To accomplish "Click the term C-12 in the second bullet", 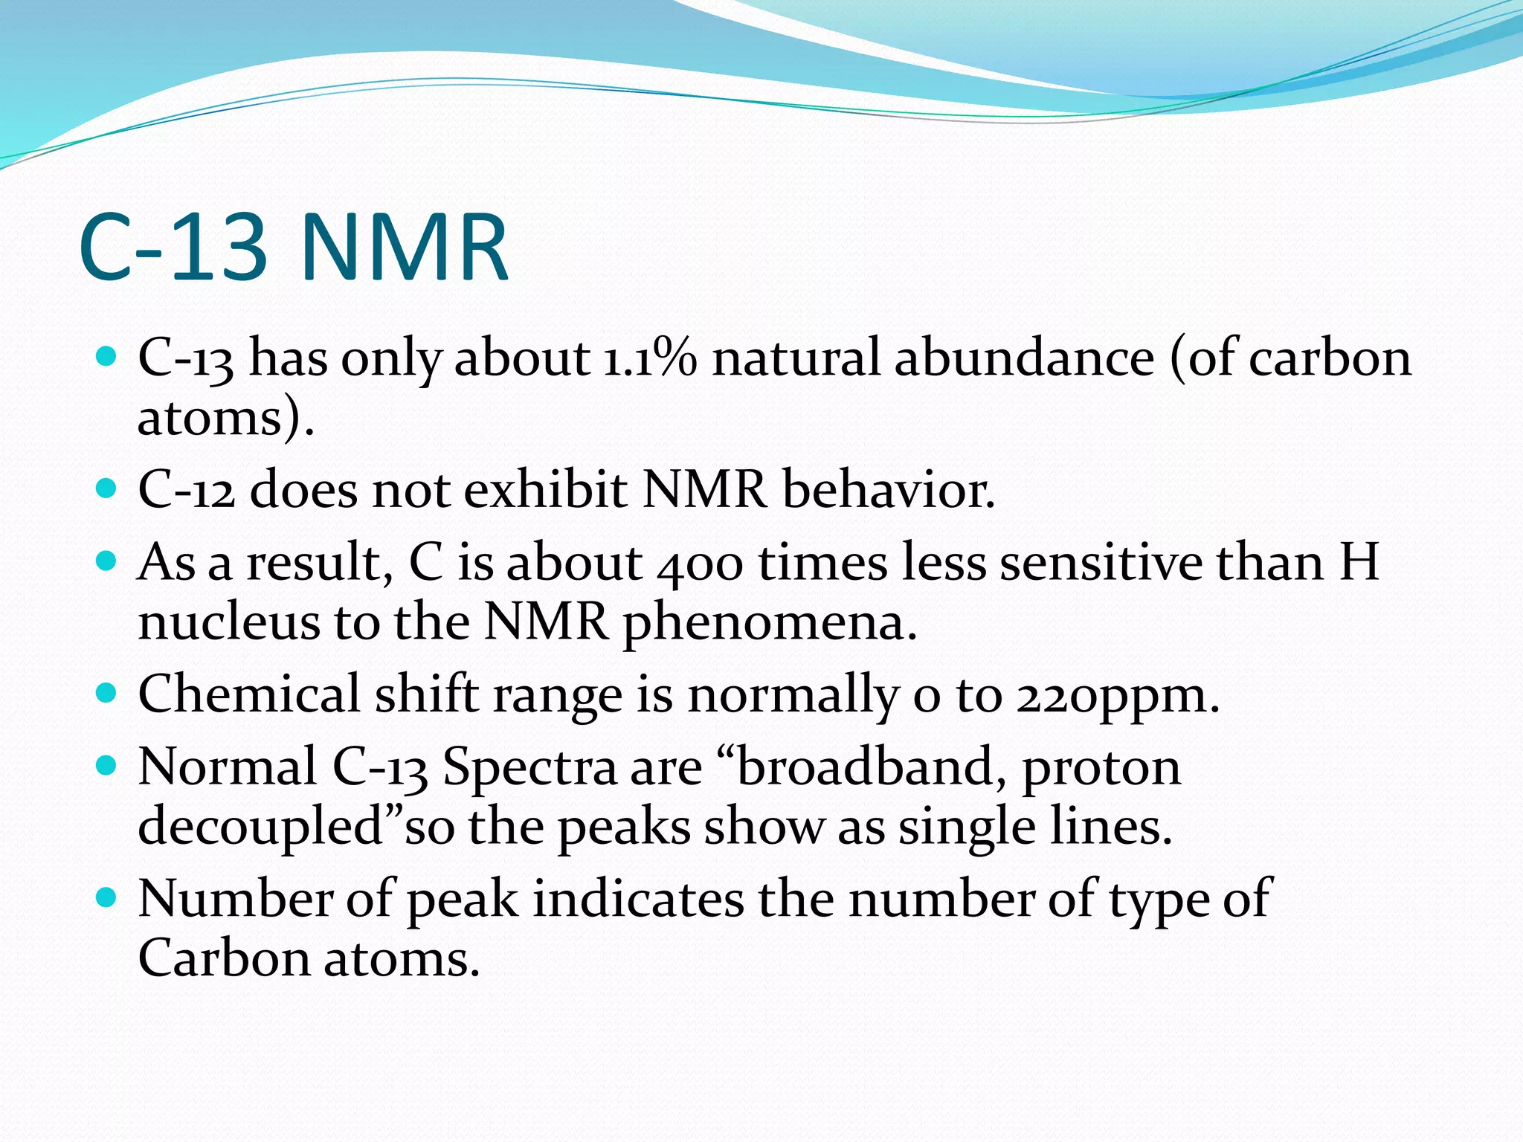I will pos(187,491).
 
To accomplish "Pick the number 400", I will pos(700,563).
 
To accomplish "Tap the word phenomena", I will pos(770,623).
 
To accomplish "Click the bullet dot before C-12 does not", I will pos(107,489).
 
